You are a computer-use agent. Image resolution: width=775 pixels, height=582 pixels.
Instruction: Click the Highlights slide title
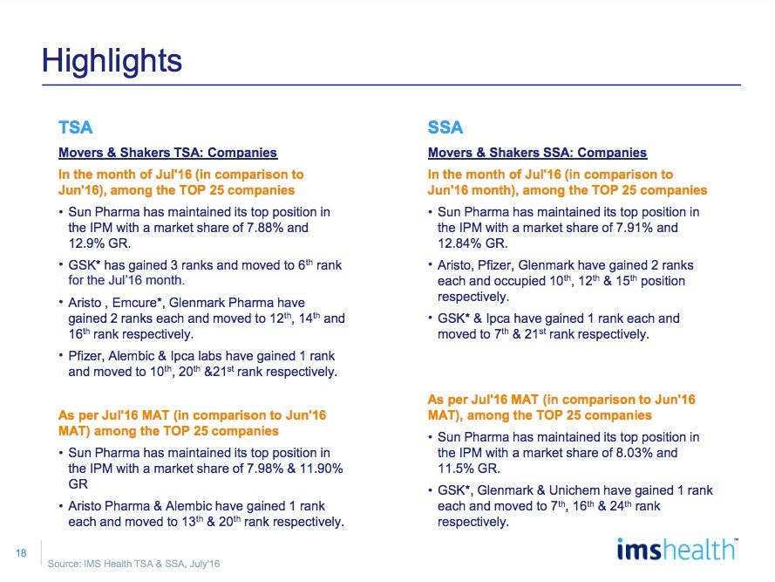click(x=112, y=61)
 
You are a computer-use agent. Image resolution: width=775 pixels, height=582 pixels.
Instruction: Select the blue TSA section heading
click(x=75, y=128)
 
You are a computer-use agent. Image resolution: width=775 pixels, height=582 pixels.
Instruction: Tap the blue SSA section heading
click(x=445, y=128)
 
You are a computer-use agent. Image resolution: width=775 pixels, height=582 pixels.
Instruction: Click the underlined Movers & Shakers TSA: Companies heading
click(x=167, y=153)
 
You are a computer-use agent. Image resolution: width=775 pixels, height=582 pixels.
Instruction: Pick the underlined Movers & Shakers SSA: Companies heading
click(x=537, y=153)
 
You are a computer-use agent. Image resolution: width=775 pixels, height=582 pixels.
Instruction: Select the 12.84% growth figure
click(x=459, y=243)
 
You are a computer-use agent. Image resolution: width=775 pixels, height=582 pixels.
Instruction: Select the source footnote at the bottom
click(x=133, y=565)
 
